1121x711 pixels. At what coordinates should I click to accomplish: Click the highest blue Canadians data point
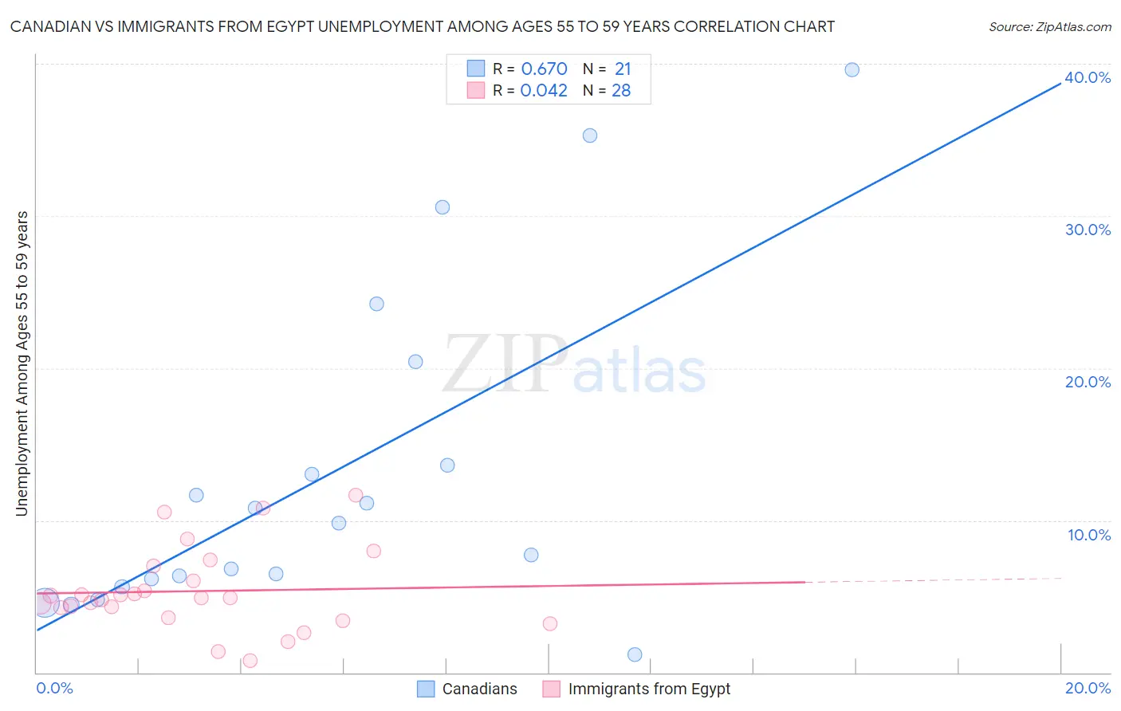(x=852, y=69)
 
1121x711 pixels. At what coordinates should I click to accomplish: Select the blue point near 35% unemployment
(x=590, y=136)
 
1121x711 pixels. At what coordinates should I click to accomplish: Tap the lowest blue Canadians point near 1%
(x=635, y=654)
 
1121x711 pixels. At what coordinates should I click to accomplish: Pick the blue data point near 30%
(x=442, y=207)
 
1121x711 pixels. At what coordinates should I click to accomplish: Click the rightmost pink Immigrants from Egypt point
(x=550, y=623)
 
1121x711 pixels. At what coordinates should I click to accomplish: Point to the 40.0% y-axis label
(x=1088, y=77)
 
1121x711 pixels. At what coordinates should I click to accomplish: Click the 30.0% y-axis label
(x=1088, y=230)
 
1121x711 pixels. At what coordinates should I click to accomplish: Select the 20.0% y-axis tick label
(x=1088, y=382)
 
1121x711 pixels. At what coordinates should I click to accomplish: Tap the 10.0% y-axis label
(x=1089, y=535)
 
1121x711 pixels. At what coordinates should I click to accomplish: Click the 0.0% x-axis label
(x=54, y=688)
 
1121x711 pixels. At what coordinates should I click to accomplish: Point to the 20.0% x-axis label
(x=1088, y=688)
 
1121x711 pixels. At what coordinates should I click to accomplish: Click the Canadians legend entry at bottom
(x=468, y=689)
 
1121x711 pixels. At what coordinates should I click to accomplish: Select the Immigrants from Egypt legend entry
(x=637, y=689)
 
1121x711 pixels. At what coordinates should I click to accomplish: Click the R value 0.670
(x=544, y=69)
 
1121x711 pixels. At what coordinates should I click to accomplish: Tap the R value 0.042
(x=544, y=91)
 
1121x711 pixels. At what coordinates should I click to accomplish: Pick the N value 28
(x=621, y=91)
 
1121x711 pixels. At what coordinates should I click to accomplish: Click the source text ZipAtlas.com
(x=1073, y=27)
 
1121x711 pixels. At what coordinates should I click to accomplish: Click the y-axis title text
(x=22, y=363)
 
